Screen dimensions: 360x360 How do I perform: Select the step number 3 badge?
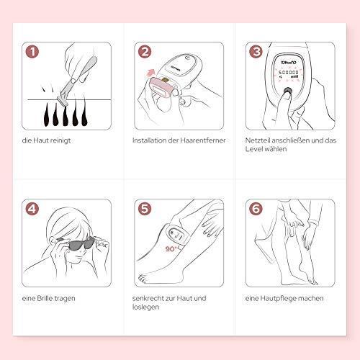[255, 51]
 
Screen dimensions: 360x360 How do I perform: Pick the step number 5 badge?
[145, 211]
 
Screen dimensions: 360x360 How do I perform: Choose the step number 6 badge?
[255, 211]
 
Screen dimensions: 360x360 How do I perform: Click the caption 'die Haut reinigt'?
[50, 140]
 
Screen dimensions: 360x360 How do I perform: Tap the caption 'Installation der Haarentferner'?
[176, 140]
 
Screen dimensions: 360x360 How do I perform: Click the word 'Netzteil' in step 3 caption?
[258, 140]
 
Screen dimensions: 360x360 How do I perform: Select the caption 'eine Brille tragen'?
[53, 297]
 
